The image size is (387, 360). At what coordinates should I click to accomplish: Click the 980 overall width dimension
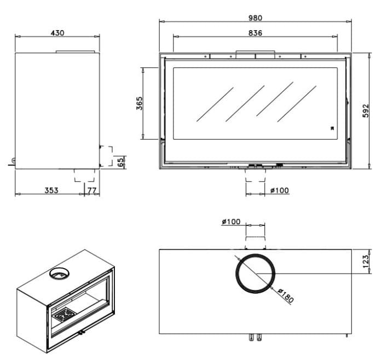click(255, 18)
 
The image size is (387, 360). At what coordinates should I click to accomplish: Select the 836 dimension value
click(255, 33)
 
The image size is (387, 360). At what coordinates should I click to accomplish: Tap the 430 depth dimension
click(57, 33)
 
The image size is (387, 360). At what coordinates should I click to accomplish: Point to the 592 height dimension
click(366, 111)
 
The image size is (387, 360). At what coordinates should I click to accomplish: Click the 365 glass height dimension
click(140, 103)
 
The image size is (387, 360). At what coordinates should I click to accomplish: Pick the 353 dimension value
click(51, 190)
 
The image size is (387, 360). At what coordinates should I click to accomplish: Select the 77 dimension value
click(92, 190)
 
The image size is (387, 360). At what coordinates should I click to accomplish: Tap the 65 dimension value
click(120, 162)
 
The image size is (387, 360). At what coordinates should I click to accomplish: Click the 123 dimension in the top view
click(366, 262)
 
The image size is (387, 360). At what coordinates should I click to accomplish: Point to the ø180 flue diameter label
click(286, 295)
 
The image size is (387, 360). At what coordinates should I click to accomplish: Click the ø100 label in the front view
click(279, 190)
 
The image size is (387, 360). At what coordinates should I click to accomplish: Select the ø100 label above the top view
click(231, 222)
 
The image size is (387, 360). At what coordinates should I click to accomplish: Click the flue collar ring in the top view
click(255, 274)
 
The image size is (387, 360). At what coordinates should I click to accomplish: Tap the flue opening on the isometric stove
click(60, 274)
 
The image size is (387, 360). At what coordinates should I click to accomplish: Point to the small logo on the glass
click(332, 128)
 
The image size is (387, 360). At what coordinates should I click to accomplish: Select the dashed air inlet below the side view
click(85, 175)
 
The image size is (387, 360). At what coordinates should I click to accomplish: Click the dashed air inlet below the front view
click(255, 175)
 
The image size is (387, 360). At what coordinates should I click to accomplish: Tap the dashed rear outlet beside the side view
click(106, 156)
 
